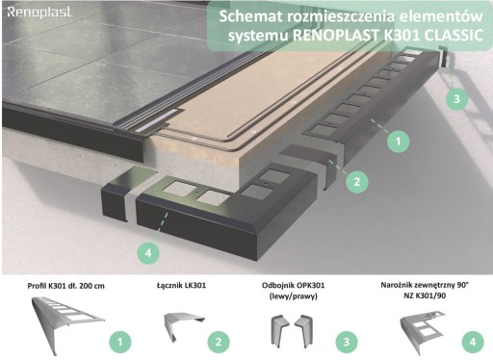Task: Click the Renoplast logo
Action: (x=39, y=13)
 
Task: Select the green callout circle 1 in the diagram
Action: (x=398, y=141)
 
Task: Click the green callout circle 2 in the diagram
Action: (x=357, y=182)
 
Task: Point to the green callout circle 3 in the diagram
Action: (x=457, y=98)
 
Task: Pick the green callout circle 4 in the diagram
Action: (x=148, y=253)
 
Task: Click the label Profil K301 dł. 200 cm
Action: (x=66, y=286)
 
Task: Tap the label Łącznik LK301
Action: (x=182, y=285)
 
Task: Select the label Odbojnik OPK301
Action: (x=293, y=285)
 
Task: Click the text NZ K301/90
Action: (x=425, y=296)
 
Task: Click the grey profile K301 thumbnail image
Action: (x=66, y=324)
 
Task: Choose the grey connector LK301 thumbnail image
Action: (x=183, y=326)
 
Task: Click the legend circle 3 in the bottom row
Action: (x=347, y=342)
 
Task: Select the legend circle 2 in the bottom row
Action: (x=219, y=342)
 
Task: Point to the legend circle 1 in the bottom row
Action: (x=120, y=342)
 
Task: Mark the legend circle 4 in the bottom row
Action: (x=473, y=342)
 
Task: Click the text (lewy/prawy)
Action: (x=293, y=296)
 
